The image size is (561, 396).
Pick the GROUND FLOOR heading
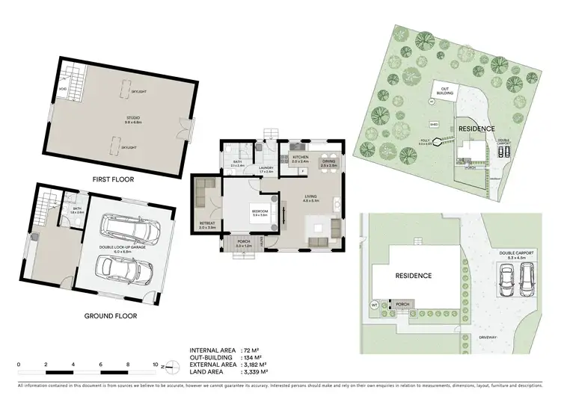(x=111, y=315)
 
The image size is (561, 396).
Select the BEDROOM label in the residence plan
(x=259, y=211)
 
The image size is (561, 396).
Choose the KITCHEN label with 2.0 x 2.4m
(x=301, y=158)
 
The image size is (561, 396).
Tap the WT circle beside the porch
(x=375, y=305)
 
